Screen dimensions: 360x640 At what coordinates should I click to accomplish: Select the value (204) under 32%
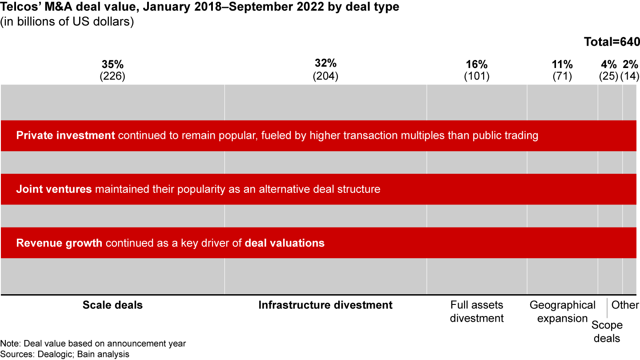click(325, 76)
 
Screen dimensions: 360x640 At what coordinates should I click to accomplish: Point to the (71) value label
click(562, 76)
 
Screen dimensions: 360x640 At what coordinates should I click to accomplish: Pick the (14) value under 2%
click(630, 76)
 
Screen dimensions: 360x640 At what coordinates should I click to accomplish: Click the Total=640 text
click(612, 42)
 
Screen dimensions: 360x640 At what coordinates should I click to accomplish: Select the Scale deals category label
click(112, 305)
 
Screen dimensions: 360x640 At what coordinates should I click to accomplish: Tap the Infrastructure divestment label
click(325, 305)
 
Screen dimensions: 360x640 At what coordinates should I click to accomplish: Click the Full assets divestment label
click(476, 312)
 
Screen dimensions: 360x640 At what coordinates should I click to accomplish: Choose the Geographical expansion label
click(562, 312)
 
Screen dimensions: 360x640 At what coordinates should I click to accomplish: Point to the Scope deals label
click(607, 332)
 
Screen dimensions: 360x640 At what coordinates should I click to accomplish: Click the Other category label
click(625, 305)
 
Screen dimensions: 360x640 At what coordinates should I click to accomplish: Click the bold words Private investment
click(65, 136)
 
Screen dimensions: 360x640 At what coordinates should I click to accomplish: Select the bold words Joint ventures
click(54, 189)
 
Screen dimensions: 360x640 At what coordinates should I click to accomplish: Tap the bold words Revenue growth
click(59, 243)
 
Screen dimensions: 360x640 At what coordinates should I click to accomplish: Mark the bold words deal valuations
click(284, 243)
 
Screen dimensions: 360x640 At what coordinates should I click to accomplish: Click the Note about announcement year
click(93, 344)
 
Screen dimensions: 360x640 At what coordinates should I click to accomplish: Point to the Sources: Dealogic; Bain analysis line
click(65, 354)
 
